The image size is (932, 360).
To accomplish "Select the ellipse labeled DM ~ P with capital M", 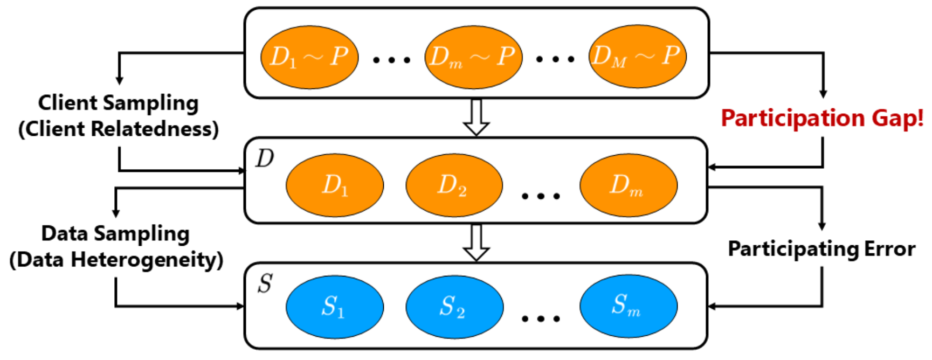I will (637, 56).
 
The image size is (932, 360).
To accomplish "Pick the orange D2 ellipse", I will (454, 185).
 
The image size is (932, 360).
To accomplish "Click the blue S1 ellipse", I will (334, 307).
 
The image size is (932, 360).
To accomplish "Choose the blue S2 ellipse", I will (454, 307).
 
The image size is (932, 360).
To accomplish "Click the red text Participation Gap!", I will (822, 118).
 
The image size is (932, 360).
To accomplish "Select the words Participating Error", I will (821, 249).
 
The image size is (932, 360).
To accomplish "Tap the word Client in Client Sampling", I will (68, 102).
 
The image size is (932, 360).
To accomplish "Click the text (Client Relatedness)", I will (119, 129).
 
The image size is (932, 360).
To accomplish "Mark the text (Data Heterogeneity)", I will (116, 260).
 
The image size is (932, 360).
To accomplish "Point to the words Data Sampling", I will (115, 233).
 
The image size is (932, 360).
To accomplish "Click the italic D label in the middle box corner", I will (265, 158).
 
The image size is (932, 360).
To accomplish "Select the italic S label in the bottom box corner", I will (265, 283).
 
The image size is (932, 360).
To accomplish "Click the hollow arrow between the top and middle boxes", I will (476, 117).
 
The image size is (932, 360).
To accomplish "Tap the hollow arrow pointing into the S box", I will (476, 243).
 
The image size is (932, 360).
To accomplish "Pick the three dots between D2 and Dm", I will (541, 196).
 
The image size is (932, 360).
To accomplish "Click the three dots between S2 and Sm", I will (541, 319).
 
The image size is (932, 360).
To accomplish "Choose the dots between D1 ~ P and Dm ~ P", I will (392, 60).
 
